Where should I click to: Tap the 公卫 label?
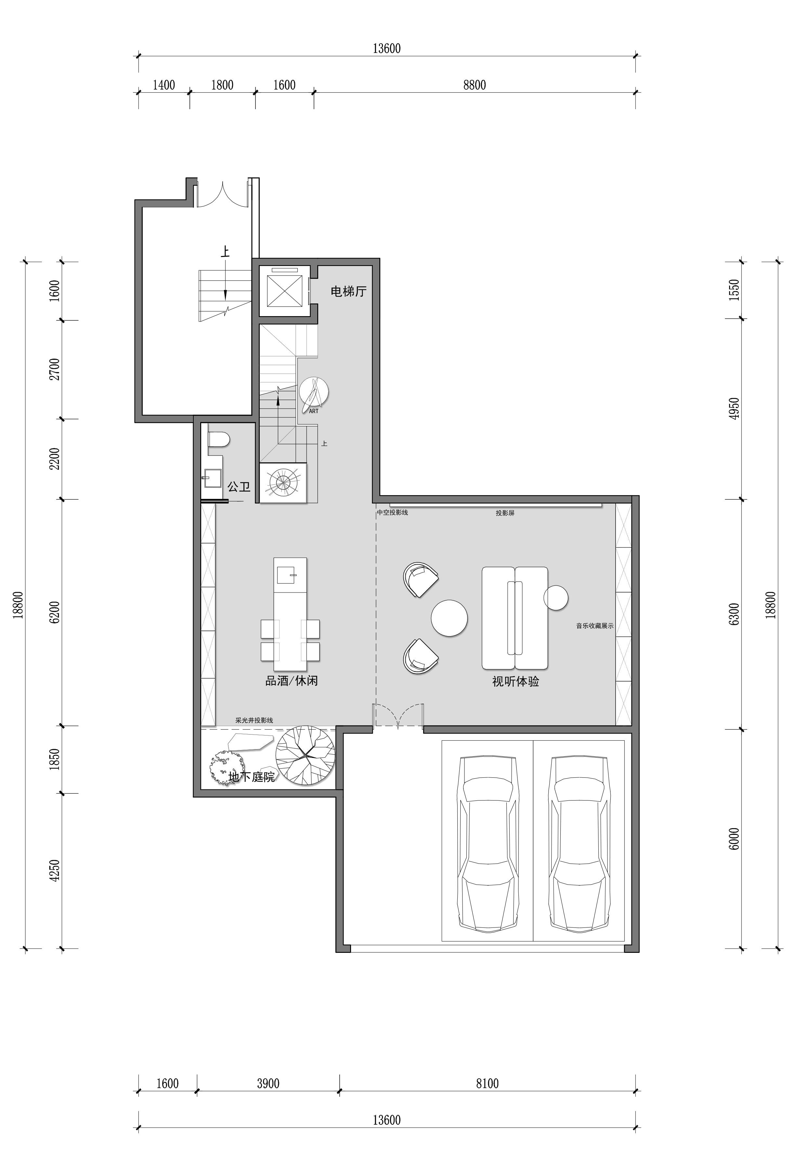(x=239, y=487)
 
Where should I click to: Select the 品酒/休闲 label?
(x=292, y=681)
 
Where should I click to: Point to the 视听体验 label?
(x=516, y=682)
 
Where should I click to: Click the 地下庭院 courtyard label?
(x=252, y=777)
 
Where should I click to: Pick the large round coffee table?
(x=449, y=618)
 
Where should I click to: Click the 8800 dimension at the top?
(x=475, y=85)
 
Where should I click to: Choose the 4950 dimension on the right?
(x=734, y=408)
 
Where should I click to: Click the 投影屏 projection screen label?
(x=505, y=513)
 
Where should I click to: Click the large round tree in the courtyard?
(x=305, y=756)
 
